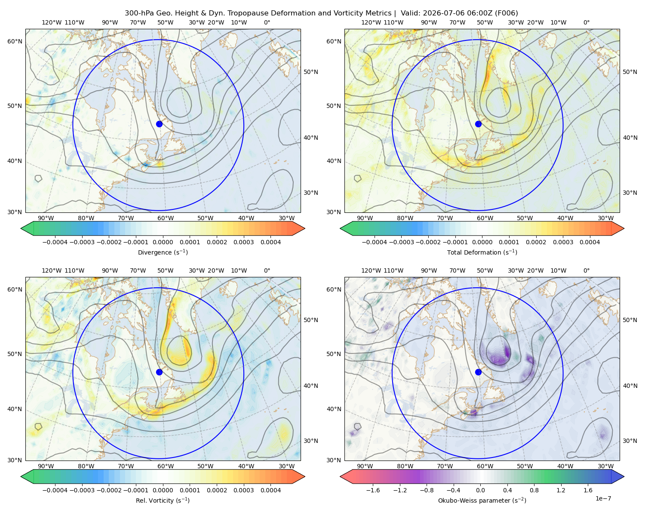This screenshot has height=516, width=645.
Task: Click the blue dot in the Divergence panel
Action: click(159, 124)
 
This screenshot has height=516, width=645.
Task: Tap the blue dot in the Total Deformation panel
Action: click(478, 124)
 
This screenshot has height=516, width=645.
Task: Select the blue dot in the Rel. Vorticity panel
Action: click(159, 372)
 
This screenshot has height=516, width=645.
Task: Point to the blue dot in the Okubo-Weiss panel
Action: click(478, 372)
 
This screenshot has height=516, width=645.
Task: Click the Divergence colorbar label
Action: click(163, 252)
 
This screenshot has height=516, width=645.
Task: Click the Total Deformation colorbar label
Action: click(482, 252)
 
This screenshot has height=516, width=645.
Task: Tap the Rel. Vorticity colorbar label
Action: click(163, 500)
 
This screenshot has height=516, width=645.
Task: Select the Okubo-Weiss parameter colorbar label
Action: click(482, 500)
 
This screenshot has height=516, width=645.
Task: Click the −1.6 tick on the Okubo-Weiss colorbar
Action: click(373, 490)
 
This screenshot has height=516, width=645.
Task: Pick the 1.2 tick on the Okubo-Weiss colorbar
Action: click(561, 490)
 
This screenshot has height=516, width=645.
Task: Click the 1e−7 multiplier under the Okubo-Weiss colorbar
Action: click(603, 499)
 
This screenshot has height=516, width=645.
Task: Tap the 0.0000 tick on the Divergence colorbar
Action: click(163, 242)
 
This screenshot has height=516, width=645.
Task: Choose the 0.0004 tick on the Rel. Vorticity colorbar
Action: click(270, 490)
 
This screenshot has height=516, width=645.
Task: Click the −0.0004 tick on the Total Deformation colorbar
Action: click(375, 242)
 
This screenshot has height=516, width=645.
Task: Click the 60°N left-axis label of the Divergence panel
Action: click(15, 41)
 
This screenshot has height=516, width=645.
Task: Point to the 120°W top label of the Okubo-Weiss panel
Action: click(371, 270)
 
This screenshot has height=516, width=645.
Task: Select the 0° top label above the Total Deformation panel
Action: click(586, 22)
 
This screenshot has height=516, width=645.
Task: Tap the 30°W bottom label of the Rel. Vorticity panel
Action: click(286, 466)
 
